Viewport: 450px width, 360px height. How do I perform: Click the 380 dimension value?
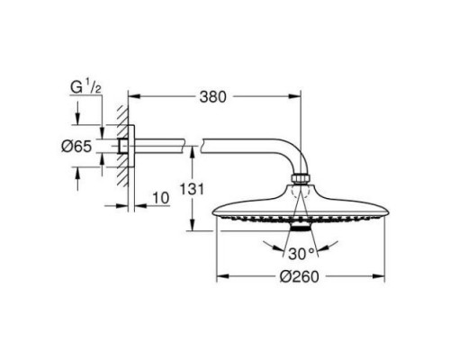(x=212, y=97)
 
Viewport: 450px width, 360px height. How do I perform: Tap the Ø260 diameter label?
(x=300, y=276)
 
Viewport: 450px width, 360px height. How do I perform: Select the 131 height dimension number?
(x=192, y=189)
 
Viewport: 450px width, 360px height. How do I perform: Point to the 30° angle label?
(x=301, y=254)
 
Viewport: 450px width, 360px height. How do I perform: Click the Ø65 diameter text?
(x=76, y=147)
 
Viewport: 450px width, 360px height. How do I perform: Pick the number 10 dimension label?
(x=161, y=198)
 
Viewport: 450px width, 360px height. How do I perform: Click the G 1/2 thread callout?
(x=85, y=87)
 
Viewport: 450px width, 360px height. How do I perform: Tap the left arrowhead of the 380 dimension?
(x=134, y=96)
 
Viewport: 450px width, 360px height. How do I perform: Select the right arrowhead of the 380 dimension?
(x=294, y=96)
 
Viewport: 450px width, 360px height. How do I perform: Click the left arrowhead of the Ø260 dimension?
(x=222, y=276)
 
